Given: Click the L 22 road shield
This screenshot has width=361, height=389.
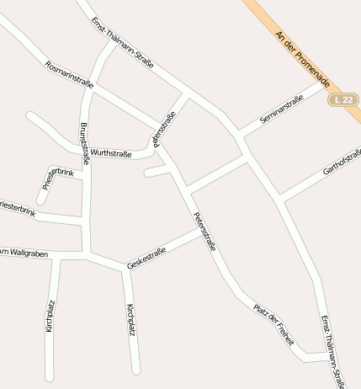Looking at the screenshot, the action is tap(342, 99).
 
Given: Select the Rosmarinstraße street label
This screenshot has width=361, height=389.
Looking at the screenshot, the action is tap(69, 74).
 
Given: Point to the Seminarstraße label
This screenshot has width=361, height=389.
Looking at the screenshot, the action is tap(281, 110).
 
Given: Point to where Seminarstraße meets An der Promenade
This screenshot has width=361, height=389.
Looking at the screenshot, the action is tap(326, 83).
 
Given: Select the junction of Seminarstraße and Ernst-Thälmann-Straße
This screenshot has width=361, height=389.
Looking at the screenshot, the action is tap(237, 135).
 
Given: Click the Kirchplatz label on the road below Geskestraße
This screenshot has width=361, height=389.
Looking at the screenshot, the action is tap(130, 320).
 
